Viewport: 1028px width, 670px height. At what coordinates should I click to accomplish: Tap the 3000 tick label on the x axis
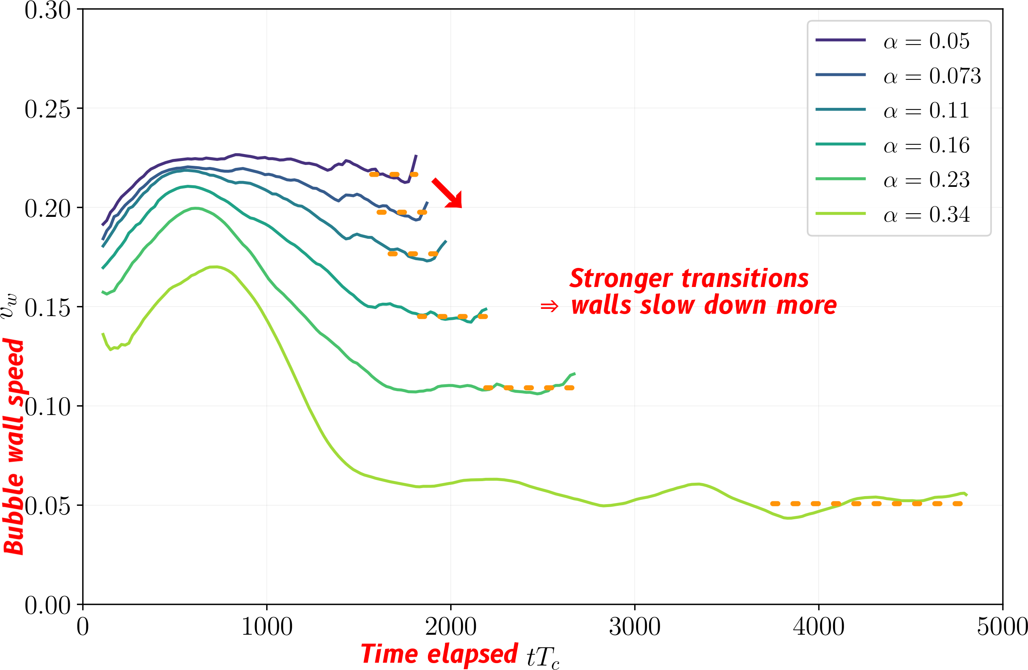pyautogui.click(x=635, y=626)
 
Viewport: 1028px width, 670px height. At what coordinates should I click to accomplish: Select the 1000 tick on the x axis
pyautogui.click(x=267, y=626)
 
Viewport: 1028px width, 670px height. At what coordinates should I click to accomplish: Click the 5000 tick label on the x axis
pyautogui.click(x=1002, y=626)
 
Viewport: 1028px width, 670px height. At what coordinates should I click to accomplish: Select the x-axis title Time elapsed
pyautogui.click(x=439, y=653)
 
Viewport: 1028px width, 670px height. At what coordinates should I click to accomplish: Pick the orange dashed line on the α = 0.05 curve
pyautogui.click(x=393, y=175)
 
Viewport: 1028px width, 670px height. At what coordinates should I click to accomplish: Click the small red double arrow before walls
pyautogui.click(x=549, y=307)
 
